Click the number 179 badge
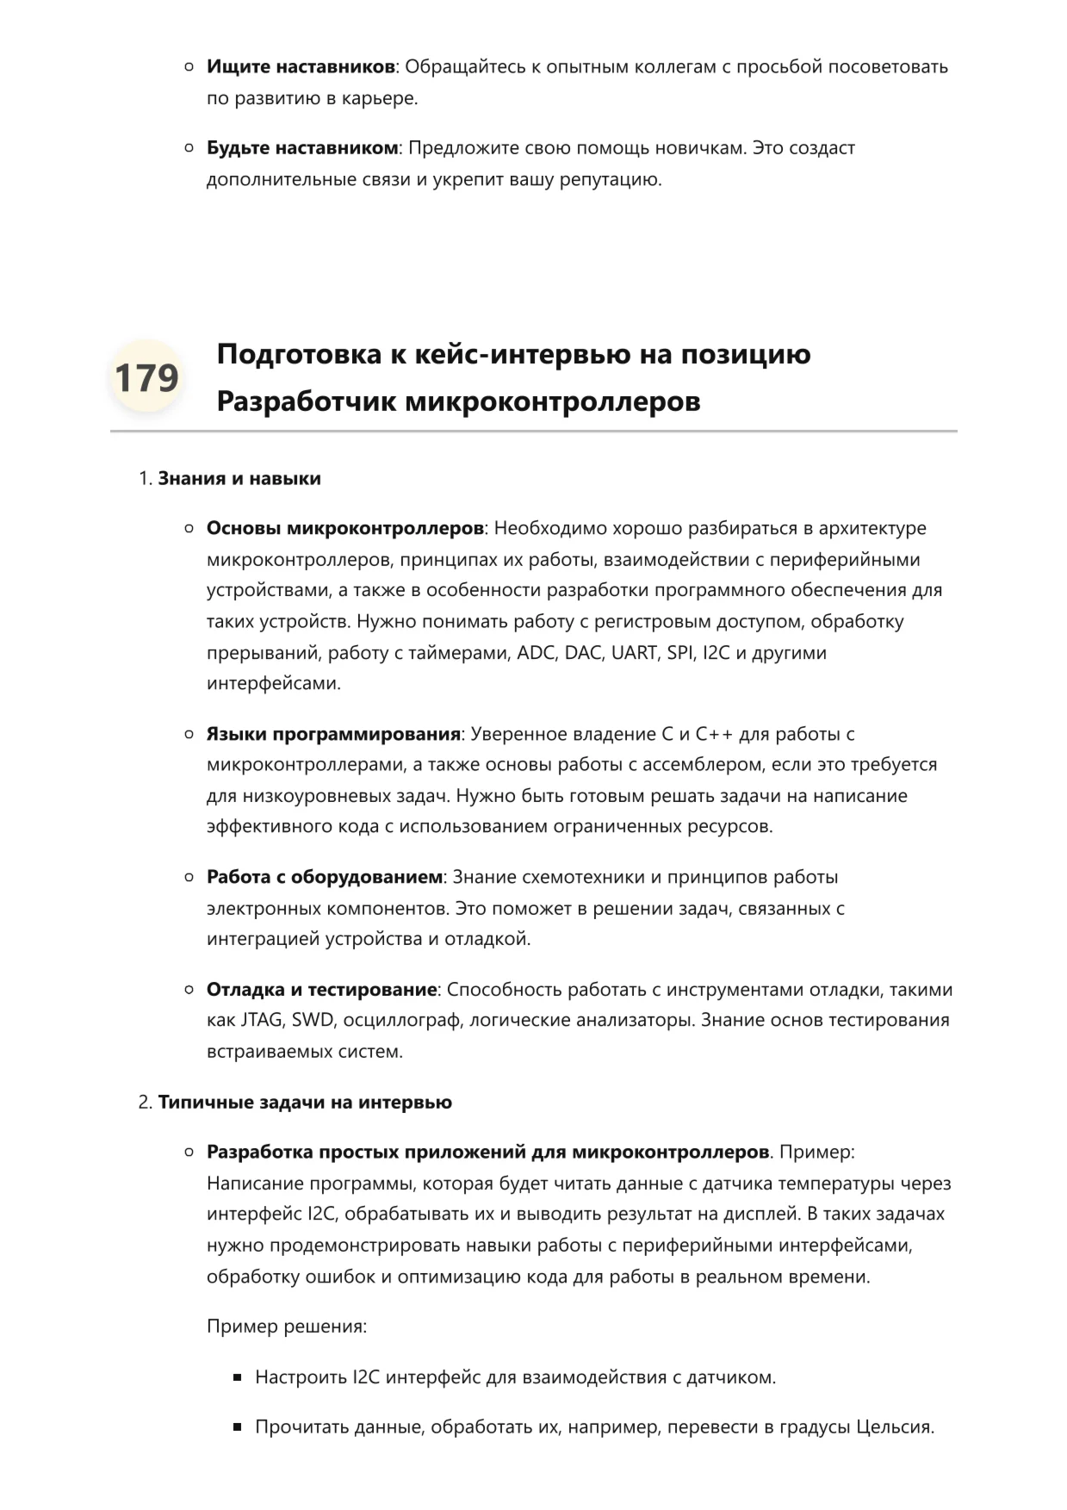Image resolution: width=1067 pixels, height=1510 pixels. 146,377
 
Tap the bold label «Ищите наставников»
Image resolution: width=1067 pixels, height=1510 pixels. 300,67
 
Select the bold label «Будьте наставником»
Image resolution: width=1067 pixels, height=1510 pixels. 301,148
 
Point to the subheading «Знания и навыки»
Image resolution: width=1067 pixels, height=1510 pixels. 239,479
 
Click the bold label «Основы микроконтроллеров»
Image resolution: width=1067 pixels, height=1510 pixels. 344,528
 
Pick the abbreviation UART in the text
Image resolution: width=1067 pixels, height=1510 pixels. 634,653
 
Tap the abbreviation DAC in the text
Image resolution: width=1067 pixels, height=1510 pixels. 583,653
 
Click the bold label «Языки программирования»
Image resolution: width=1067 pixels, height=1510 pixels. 333,734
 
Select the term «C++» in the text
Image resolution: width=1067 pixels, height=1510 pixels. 712,734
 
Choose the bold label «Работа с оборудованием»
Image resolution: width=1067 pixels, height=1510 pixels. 324,877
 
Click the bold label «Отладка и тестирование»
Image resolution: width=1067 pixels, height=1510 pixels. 321,990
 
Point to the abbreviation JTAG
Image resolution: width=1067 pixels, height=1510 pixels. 261,1020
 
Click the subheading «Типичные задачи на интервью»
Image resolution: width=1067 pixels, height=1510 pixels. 304,1103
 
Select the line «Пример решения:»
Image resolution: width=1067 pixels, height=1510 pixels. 286,1327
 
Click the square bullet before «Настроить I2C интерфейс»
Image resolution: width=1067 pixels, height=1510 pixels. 238,1377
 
